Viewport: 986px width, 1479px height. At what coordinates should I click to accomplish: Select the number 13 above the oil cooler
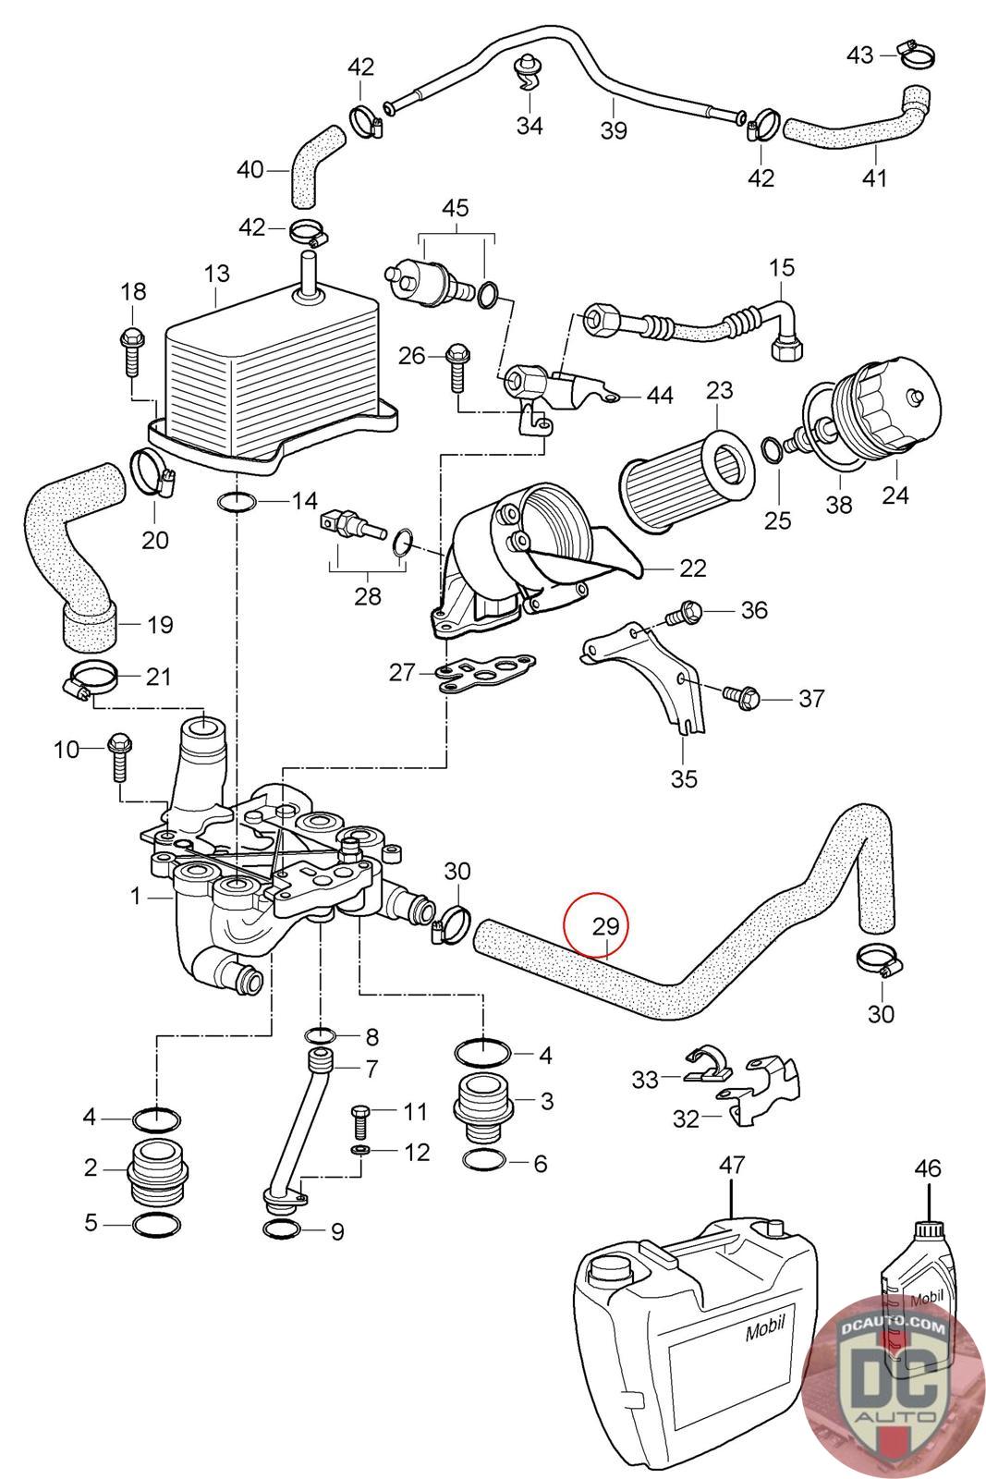click(x=216, y=274)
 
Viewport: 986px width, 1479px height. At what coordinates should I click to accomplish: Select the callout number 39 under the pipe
click(x=614, y=129)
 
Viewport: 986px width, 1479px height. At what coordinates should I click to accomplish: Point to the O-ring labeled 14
click(x=237, y=502)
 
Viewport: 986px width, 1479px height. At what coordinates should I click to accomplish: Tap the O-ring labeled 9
click(x=282, y=1229)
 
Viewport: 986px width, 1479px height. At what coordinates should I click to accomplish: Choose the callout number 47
click(x=731, y=1166)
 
